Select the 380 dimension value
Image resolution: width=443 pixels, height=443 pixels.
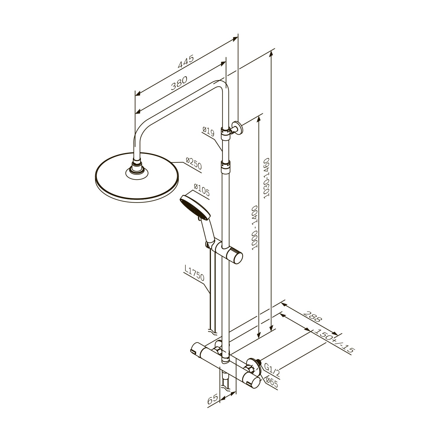tap(179, 83)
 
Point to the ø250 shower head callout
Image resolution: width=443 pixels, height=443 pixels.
tap(193, 164)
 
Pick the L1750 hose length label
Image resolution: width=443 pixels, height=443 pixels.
tap(194, 273)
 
